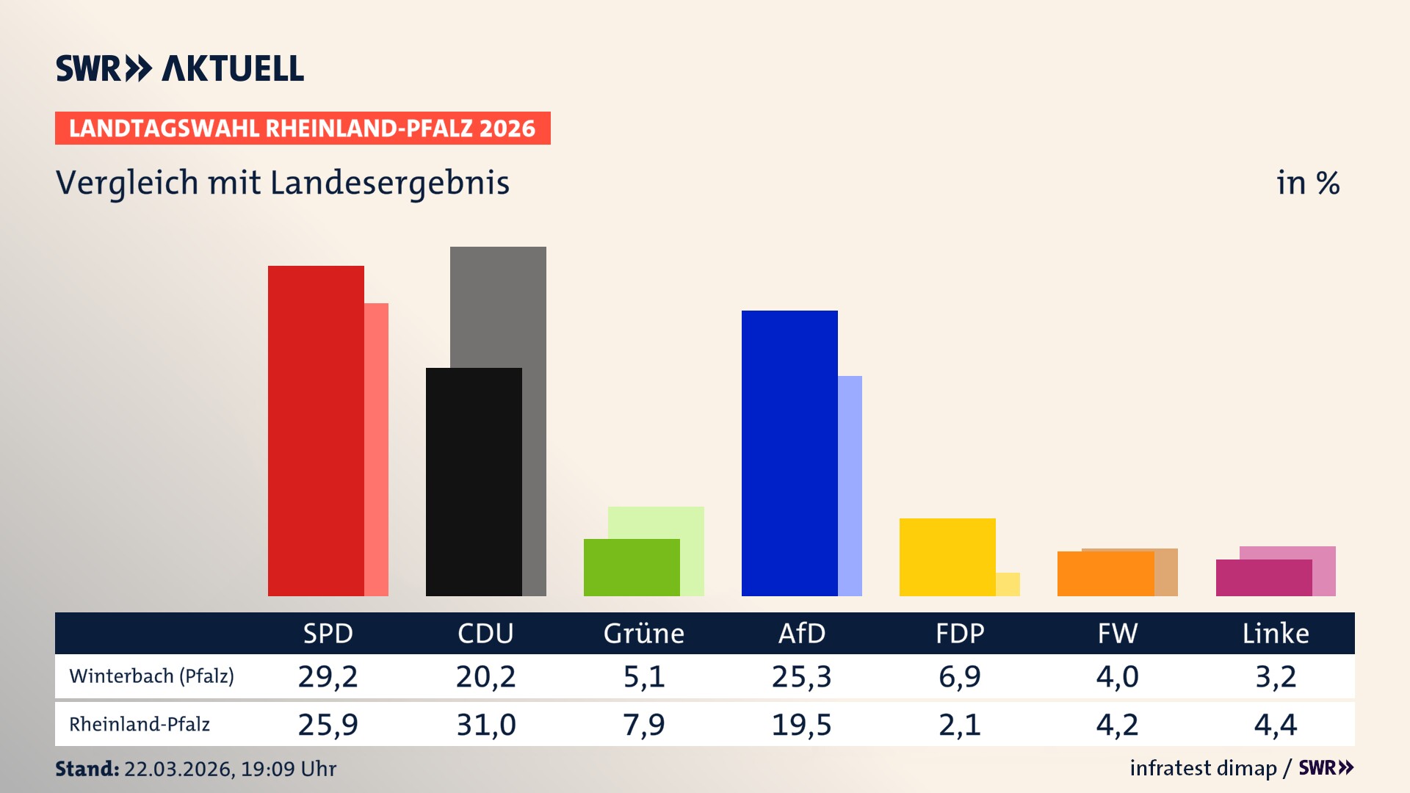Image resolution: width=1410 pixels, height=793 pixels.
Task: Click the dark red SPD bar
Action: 316,431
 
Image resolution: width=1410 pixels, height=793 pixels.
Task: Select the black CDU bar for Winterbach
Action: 474,482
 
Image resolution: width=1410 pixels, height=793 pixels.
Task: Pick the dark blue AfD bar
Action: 789,453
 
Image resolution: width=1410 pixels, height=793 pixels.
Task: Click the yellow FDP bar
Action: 947,557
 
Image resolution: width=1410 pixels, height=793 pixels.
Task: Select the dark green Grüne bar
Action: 632,567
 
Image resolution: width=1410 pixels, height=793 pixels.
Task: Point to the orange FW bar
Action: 1105,573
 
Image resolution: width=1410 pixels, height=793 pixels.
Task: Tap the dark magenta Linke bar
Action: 1263,578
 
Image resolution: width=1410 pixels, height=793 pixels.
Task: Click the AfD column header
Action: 801,633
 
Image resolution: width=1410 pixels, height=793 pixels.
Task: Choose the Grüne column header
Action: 643,633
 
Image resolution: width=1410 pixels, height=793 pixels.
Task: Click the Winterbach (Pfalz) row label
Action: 151,676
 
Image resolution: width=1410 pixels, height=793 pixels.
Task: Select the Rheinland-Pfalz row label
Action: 140,724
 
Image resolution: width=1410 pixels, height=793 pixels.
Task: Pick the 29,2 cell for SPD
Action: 328,676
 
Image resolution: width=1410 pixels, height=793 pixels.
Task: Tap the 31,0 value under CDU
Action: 485,725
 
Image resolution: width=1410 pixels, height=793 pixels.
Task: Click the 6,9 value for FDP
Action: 959,676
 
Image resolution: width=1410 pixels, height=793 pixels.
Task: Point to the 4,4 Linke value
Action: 1275,725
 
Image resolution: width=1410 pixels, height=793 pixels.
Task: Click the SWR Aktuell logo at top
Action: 180,68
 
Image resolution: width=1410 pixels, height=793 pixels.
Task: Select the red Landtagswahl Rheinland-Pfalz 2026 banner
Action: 303,128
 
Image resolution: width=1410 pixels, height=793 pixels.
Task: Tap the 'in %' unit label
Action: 1307,183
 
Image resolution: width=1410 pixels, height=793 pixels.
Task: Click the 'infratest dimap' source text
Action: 1203,768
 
